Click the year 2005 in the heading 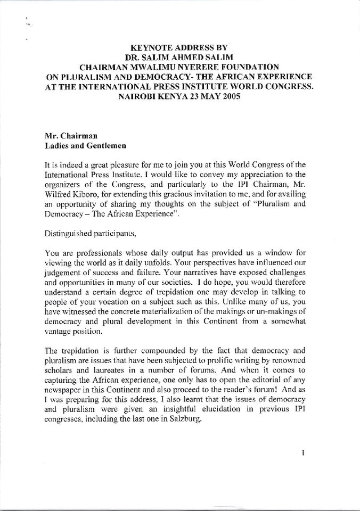(239, 97)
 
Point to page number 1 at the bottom (302, 453)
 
